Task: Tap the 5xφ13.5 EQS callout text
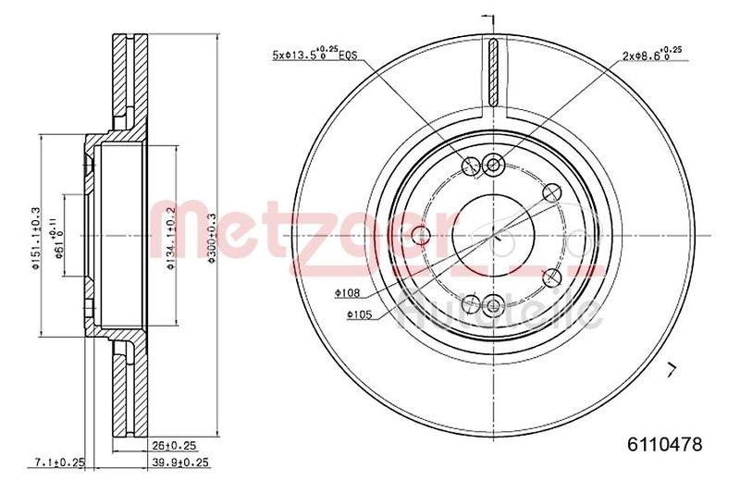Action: (x=315, y=55)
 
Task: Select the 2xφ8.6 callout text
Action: (x=653, y=55)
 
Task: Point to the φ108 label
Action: (x=347, y=294)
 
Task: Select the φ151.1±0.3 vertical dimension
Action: (x=37, y=235)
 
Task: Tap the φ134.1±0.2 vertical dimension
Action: (x=168, y=235)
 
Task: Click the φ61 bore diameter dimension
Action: (x=60, y=235)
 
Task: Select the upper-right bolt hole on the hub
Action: (x=552, y=192)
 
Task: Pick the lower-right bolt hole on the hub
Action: (x=552, y=277)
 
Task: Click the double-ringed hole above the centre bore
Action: (x=492, y=166)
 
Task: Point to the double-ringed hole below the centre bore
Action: (x=492, y=302)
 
